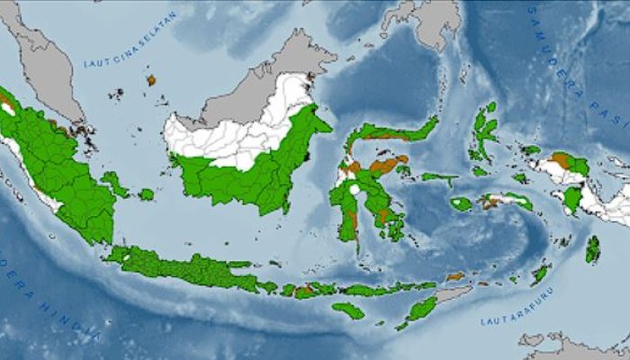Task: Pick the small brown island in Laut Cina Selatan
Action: click(x=151, y=80)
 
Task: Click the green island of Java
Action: click(x=180, y=267)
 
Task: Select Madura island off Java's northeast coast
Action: click(x=239, y=265)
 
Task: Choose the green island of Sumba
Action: click(x=348, y=310)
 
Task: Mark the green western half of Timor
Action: click(x=418, y=310)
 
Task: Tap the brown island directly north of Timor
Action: click(x=455, y=276)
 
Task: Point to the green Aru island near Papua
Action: click(x=592, y=249)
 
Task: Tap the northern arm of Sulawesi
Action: click(x=396, y=131)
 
